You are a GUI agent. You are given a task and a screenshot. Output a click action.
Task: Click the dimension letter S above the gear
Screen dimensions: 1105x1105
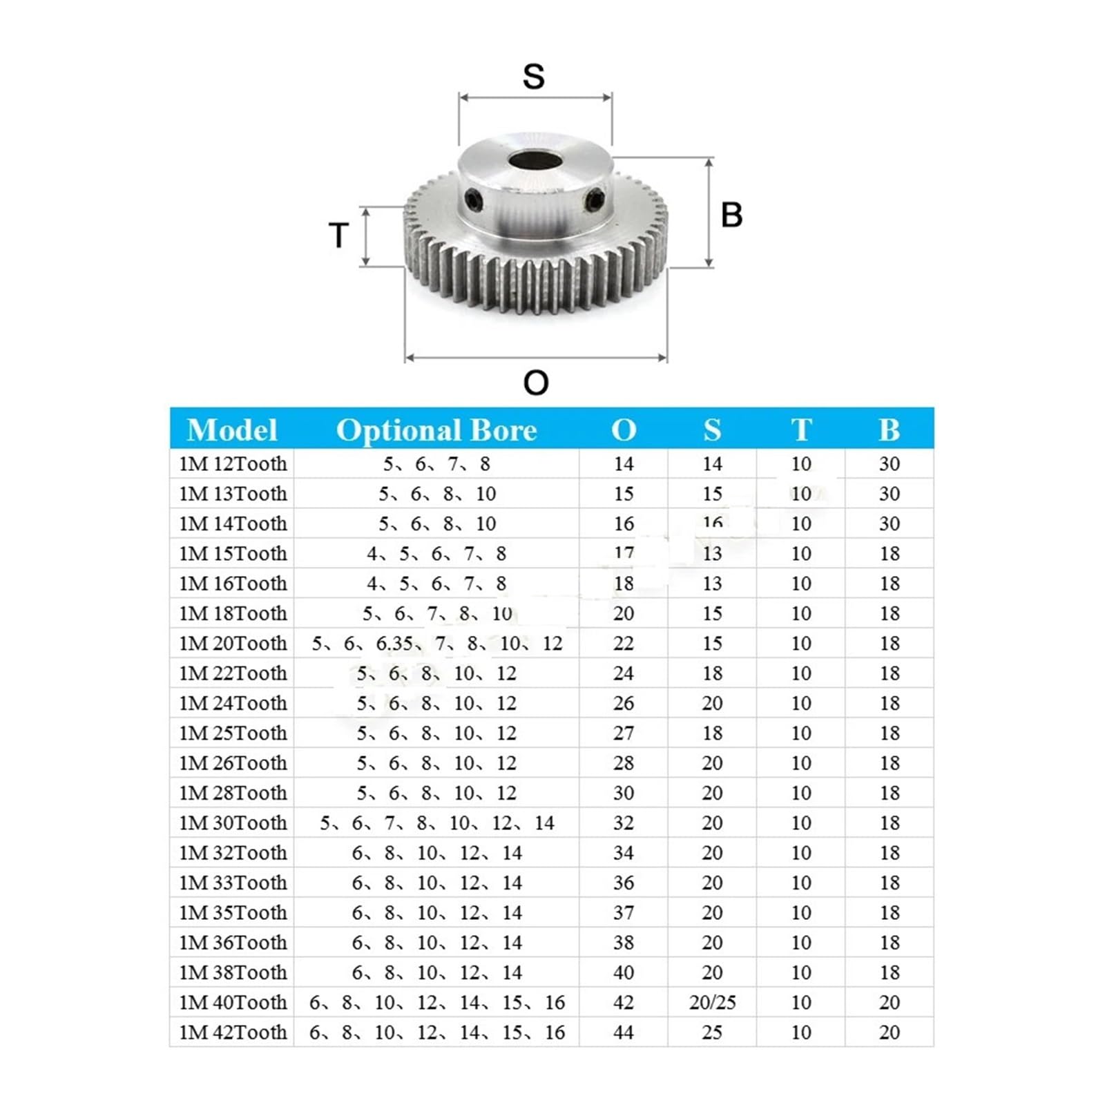coord(533,76)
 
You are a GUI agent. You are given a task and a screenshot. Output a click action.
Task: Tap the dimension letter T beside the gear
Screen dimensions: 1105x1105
coord(338,236)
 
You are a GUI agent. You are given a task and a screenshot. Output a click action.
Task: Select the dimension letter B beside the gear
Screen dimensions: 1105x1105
coord(731,215)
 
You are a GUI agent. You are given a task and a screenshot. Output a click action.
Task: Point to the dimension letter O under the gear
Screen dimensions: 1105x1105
coord(536,383)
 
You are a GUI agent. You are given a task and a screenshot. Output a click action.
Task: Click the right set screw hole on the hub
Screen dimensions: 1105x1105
coord(595,202)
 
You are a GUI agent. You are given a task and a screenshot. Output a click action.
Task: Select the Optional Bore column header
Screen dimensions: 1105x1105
coord(436,430)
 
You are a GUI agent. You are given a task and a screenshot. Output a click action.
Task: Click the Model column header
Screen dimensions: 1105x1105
coord(232,430)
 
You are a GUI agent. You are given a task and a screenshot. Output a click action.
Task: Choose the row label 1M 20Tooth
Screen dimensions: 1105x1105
coord(233,644)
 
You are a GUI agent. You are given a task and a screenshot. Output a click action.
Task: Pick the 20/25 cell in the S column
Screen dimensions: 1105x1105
coord(712,1002)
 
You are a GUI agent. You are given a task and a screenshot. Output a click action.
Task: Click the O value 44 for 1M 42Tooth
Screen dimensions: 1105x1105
coord(623,1032)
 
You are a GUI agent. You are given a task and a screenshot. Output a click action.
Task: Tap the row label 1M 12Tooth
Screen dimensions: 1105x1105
coord(233,464)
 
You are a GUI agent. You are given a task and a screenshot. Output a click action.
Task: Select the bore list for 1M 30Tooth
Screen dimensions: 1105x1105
coord(436,823)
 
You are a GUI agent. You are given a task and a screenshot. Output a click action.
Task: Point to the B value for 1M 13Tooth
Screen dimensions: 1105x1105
coord(889,494)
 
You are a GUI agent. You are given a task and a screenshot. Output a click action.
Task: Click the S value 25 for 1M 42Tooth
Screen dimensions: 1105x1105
coord(712,1032)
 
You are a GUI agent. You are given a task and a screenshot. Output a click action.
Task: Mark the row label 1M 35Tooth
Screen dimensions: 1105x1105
coord(233,913)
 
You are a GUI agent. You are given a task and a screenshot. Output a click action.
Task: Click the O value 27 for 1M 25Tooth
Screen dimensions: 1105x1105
coord(623,733)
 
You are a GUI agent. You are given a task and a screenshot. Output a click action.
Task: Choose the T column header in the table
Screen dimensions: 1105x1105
coord(801,430)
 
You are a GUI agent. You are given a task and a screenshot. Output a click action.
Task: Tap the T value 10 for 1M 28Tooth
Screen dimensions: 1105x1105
coord(801,793)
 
